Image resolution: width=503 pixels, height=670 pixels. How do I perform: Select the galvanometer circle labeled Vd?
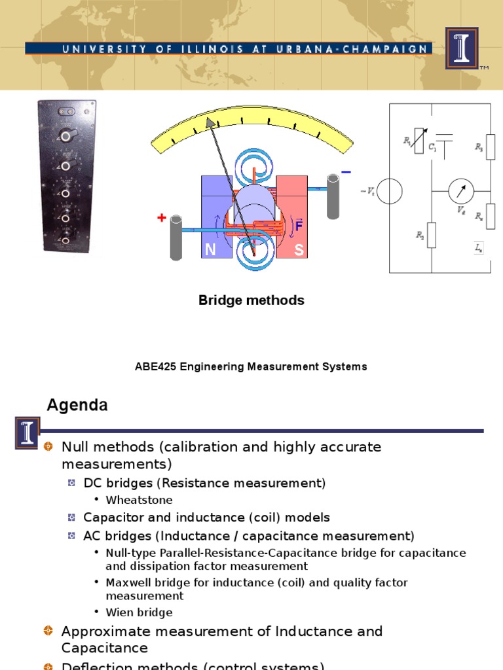pos(460,190)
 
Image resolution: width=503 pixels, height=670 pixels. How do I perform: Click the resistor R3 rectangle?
pos(491,147)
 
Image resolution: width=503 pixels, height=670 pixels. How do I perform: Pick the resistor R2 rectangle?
pos(432,235)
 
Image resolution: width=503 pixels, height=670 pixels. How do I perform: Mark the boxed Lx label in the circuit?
pos(479,248)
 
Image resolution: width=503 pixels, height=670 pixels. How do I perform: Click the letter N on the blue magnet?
pos(211,250)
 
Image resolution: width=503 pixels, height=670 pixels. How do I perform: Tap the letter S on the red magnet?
pos(299,250)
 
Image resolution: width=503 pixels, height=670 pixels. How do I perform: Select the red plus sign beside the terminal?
pos(161,218)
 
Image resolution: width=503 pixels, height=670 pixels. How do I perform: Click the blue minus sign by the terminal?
pos(346,172)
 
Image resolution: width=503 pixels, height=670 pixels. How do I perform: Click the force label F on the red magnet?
pos(299,226)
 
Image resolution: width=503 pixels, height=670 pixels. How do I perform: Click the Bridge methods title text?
pos(251,300)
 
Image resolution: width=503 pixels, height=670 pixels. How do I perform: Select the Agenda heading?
pos(77,406)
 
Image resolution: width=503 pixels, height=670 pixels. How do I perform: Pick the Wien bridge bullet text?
pos(139,612)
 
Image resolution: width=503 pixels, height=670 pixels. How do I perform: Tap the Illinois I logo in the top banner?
pos(462,48)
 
